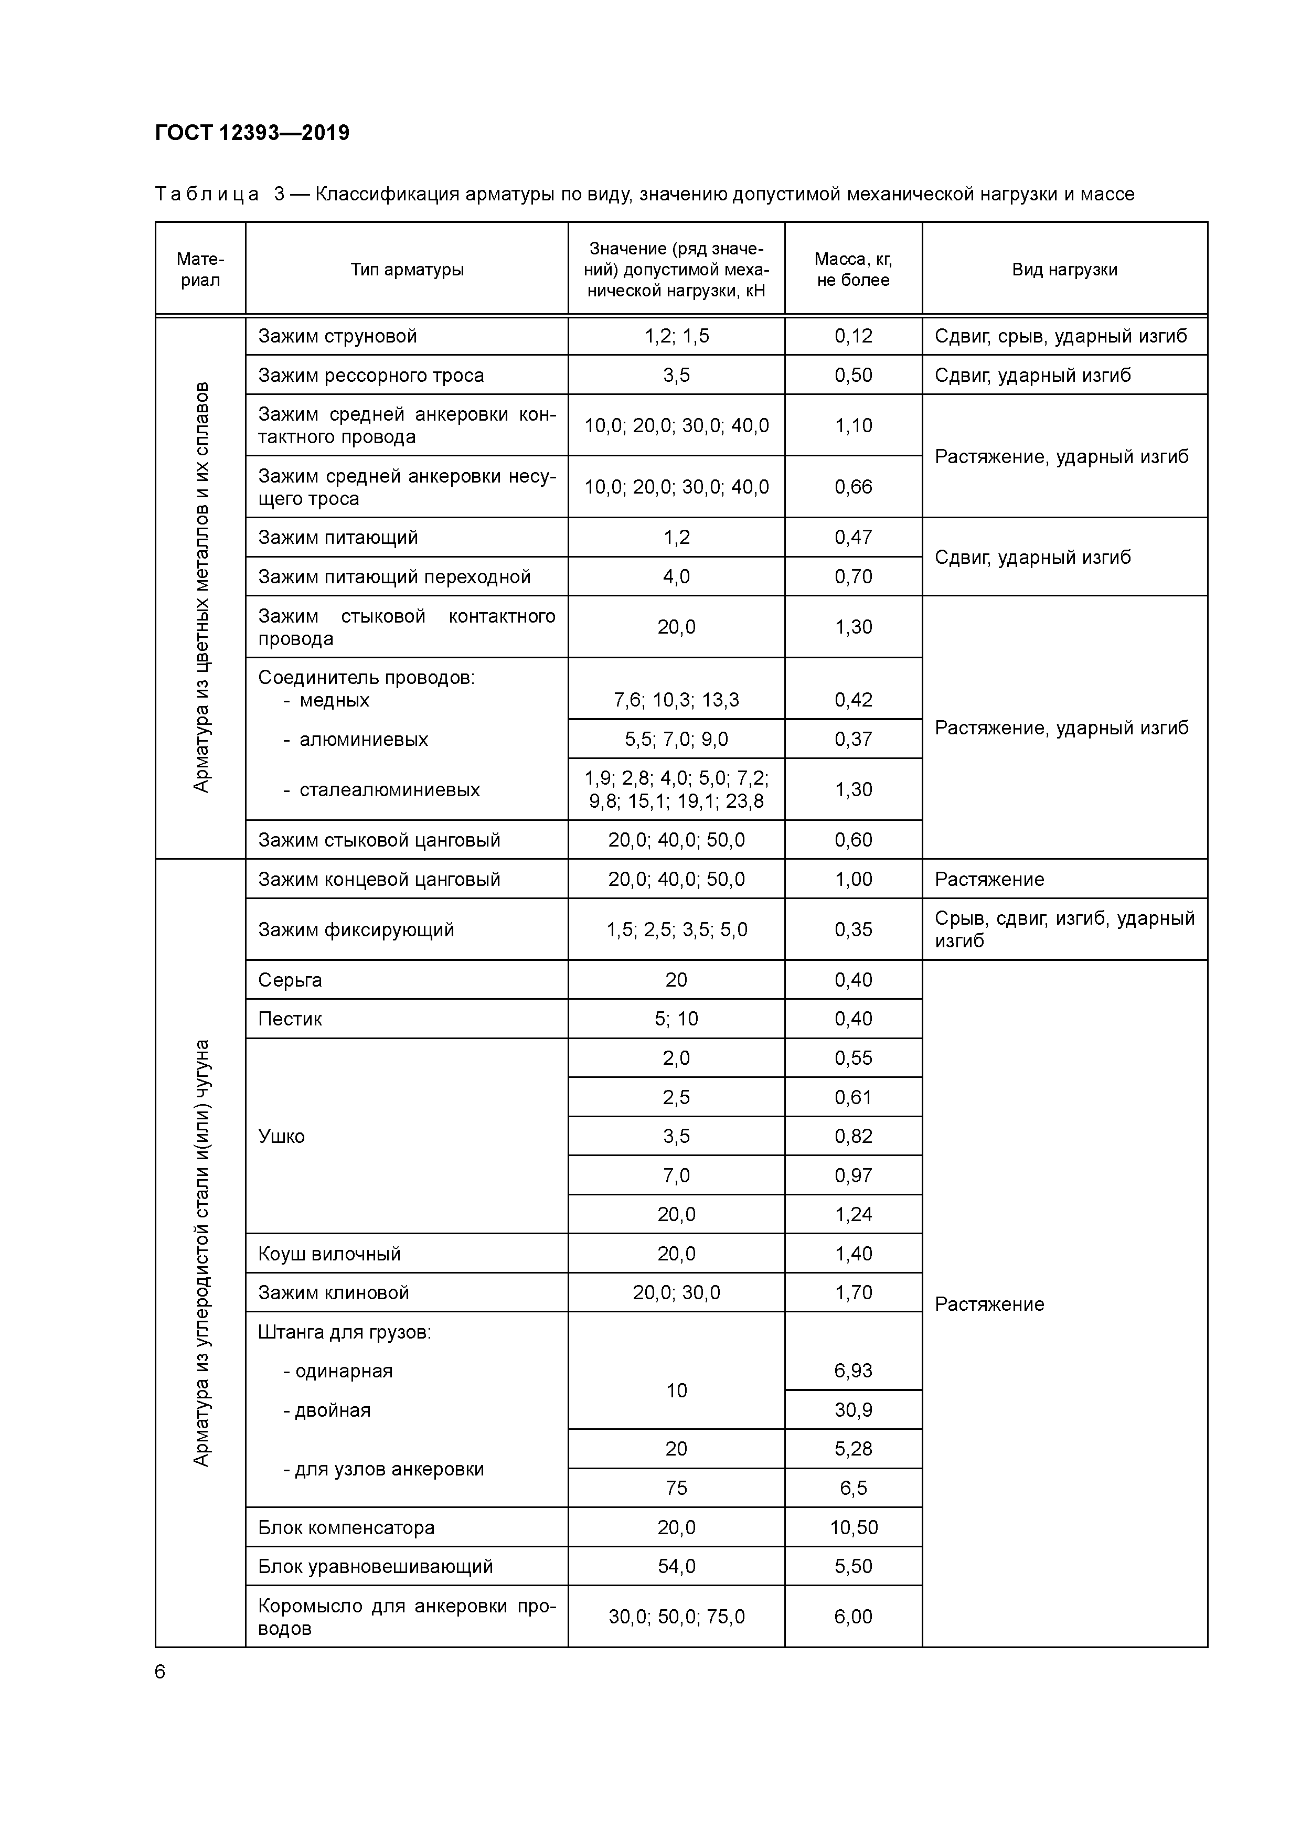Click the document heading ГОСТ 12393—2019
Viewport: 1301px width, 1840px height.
click(x=252, y=133)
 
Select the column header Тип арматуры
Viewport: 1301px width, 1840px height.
click(x=407, y=269)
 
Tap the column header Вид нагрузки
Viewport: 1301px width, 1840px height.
click(x=1064, y=269)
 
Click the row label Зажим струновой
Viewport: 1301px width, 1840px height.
click(x=337, y=336)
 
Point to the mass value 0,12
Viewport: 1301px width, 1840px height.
click(x=853, y=336)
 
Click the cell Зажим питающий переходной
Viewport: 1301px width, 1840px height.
click(x=394, y=576)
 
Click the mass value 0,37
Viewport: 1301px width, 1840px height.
click(x=853, y=739)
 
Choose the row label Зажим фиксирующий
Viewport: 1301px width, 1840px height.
click(x=356, y=929)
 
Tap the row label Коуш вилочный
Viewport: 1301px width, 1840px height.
click(x=328, y=1254)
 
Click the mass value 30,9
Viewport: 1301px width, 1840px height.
click(x=853, y=1410)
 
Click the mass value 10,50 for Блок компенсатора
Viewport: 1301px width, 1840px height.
click(x=853, y=1527)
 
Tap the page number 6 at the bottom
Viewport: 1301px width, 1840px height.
click(x=161, y=1672)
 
